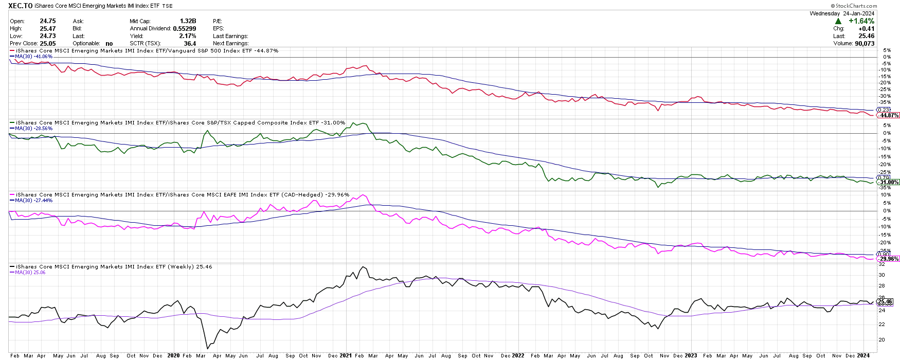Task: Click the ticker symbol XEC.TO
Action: (x=21, y=6)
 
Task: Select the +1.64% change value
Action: (x=861, y=21)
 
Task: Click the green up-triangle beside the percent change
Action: (x=838, y=21)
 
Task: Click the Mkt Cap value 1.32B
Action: (x=188, y=21)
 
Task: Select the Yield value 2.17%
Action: (x=188, y=36)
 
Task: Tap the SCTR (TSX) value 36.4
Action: (x=190, y=44)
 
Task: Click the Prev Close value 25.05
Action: (x=48, y=44)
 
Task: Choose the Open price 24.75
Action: (x=48, y=21)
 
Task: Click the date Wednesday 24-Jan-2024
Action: (x=842, y=13)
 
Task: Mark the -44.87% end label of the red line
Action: (x=889, y=115)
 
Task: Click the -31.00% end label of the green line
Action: (x=889, y=182)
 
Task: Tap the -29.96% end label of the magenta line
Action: (x=889, y=259)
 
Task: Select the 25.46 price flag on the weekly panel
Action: (x=885, y=302)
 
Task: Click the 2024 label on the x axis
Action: (x=863, y=355)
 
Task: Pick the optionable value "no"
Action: (x=109, y=44)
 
